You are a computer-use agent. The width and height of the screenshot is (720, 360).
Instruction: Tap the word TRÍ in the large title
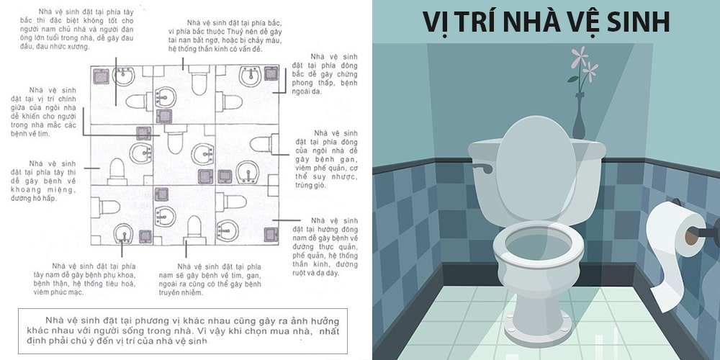tap(480, 22)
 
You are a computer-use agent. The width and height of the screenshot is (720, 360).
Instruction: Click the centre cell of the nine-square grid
tap(184, 155)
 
